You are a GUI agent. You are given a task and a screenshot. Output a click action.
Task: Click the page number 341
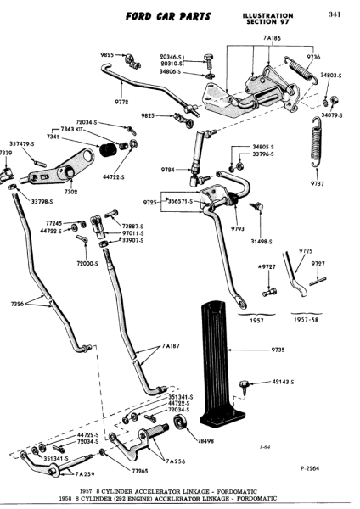[x=335, y=14]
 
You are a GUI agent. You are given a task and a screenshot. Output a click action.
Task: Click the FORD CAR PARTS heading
[x=168, y=17]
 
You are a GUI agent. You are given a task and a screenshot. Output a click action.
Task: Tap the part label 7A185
[x=272, y=38]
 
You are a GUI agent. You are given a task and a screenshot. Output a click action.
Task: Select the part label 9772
[x=122, y=102]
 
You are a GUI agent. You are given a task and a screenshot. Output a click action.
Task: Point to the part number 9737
[x=318, y=184]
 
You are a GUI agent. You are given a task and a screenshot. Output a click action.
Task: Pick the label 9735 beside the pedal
[x=278, y=350]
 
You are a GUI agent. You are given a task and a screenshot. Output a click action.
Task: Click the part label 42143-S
[x=283, y=382]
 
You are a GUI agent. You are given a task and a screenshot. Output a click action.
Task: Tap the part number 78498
[x=206, y=441]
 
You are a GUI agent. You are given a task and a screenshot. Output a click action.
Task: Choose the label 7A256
[x=176, y=461]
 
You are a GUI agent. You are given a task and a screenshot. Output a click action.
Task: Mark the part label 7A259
[x=85, y=474]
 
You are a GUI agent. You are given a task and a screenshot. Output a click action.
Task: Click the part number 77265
[x=140, y=471]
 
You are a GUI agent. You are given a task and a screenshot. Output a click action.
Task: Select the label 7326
[x=17, y=304]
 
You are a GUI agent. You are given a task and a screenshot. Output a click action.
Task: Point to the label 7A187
[x=171, y=346]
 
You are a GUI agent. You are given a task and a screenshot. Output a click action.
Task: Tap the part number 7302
[x=70, y=192]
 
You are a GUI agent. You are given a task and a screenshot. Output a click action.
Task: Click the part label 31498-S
[x=262, y=242]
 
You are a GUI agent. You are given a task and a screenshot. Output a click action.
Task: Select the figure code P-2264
[x=310, y=468]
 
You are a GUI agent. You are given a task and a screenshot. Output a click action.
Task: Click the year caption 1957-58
[x=307, y=320]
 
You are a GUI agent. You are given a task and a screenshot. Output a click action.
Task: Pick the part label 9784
[x=168, y=170]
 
